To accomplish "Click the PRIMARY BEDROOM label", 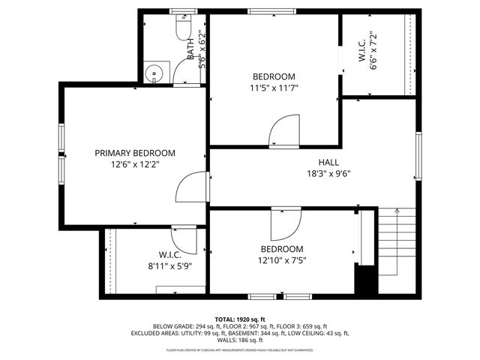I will coord(135,152).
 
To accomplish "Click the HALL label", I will coord(328,161).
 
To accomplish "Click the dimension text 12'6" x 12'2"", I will coord(135,163).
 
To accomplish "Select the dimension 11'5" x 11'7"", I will coord(274,88).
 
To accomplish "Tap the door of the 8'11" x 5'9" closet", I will coord(184,240).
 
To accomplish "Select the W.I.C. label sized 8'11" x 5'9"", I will coord(169,254).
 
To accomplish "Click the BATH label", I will coord(191,49).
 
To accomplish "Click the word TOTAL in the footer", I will coord(227,319).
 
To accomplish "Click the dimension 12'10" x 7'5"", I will coord(281,261).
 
